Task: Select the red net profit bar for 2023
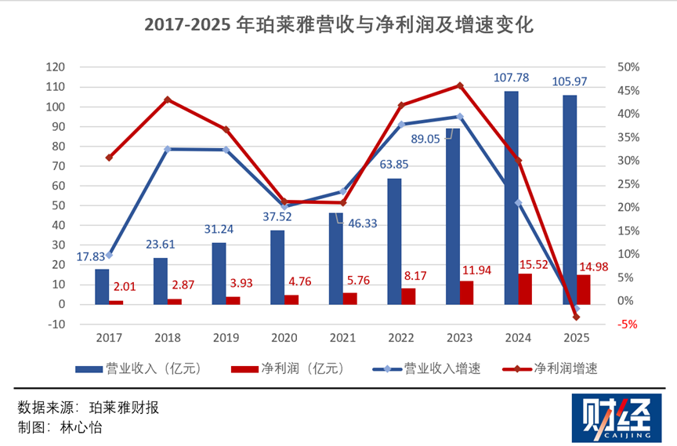pos(467,292)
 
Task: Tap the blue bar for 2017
pos(102,286)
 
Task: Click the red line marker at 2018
pos(167,100)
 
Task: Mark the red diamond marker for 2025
pos(576,317)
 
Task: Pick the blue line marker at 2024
pos(518,203)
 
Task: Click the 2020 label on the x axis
pos(284,338)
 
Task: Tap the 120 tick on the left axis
pos(56,67)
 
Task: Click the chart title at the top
pos(338,26)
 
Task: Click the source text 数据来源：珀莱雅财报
pos(87,408)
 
